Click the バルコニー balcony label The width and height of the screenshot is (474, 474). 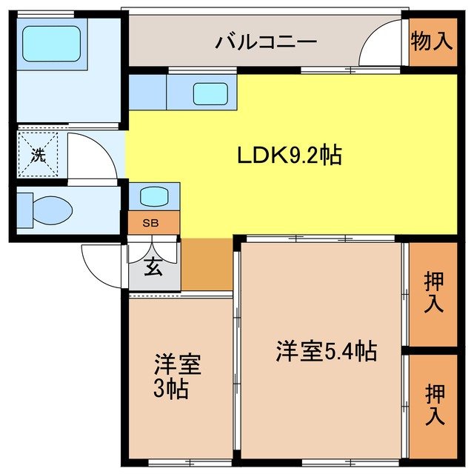click(x=267, y=41)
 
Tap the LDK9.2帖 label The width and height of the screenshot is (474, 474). click(x=289, y=156)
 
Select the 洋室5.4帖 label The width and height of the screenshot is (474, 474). click(x=327, y=350)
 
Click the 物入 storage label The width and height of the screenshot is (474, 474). click(x=431, y=41)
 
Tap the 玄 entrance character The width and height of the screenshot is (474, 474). click(x=153, y=268)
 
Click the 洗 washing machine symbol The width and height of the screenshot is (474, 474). click(x=37, y=156)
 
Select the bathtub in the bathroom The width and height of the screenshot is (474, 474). click(x=51, y=44)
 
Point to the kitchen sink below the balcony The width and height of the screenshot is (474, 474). click(x=211, y=93)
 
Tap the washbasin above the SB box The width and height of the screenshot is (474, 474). click(x=154, y=197)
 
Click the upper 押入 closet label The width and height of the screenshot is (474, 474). click(x=433, y=293)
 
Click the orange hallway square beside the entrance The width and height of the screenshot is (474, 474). click(x=207, y=264)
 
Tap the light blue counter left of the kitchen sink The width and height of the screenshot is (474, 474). click(x=147, y=93)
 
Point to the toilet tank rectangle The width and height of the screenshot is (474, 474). click(x=24, y=209)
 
